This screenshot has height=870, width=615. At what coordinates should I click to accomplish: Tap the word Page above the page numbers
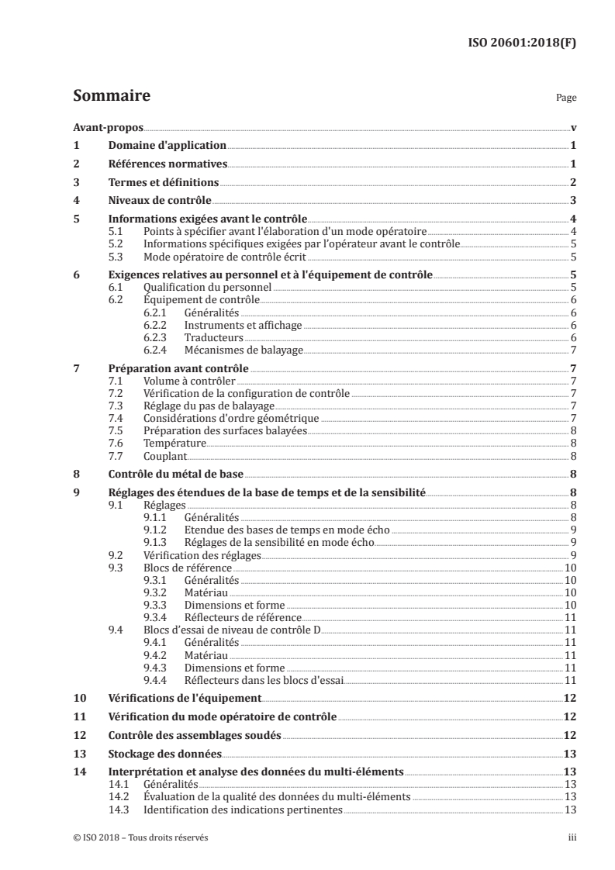566,99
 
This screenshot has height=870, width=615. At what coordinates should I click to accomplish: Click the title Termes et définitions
163,182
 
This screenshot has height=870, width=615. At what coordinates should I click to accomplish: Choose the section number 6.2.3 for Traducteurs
157,337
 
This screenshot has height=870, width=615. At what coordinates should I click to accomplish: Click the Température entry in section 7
174,443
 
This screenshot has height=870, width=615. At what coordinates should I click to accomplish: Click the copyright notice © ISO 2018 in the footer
141,837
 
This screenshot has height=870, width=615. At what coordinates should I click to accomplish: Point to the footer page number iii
572,837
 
